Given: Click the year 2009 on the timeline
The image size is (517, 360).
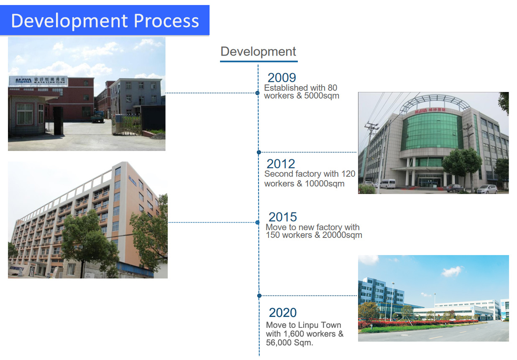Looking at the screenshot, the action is (282, 77).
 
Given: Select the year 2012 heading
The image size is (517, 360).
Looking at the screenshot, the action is (281, 164).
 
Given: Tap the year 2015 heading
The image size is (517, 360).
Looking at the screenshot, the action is (282, 217).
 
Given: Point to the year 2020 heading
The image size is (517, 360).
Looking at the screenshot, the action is (283, 313).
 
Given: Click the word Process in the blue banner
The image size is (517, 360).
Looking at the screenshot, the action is (166, 21).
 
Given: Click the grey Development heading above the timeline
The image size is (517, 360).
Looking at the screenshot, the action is (258, 51).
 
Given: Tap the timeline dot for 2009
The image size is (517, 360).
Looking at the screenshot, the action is (258, 93).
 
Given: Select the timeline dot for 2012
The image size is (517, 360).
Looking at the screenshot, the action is (259, 152).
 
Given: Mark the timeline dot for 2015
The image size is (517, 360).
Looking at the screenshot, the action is (258, 222).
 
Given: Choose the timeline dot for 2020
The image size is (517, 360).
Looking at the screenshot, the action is (259, 296).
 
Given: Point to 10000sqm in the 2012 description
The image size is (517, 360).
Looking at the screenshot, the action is (325, 184).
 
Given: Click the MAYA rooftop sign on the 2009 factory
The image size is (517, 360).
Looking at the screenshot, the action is (38, 81).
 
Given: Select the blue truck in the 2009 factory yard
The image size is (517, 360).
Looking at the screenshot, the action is (97, 117).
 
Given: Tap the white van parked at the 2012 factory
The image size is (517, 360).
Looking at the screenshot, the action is (387, 184).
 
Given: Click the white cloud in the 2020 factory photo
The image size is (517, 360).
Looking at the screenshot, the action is (452, 271).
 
